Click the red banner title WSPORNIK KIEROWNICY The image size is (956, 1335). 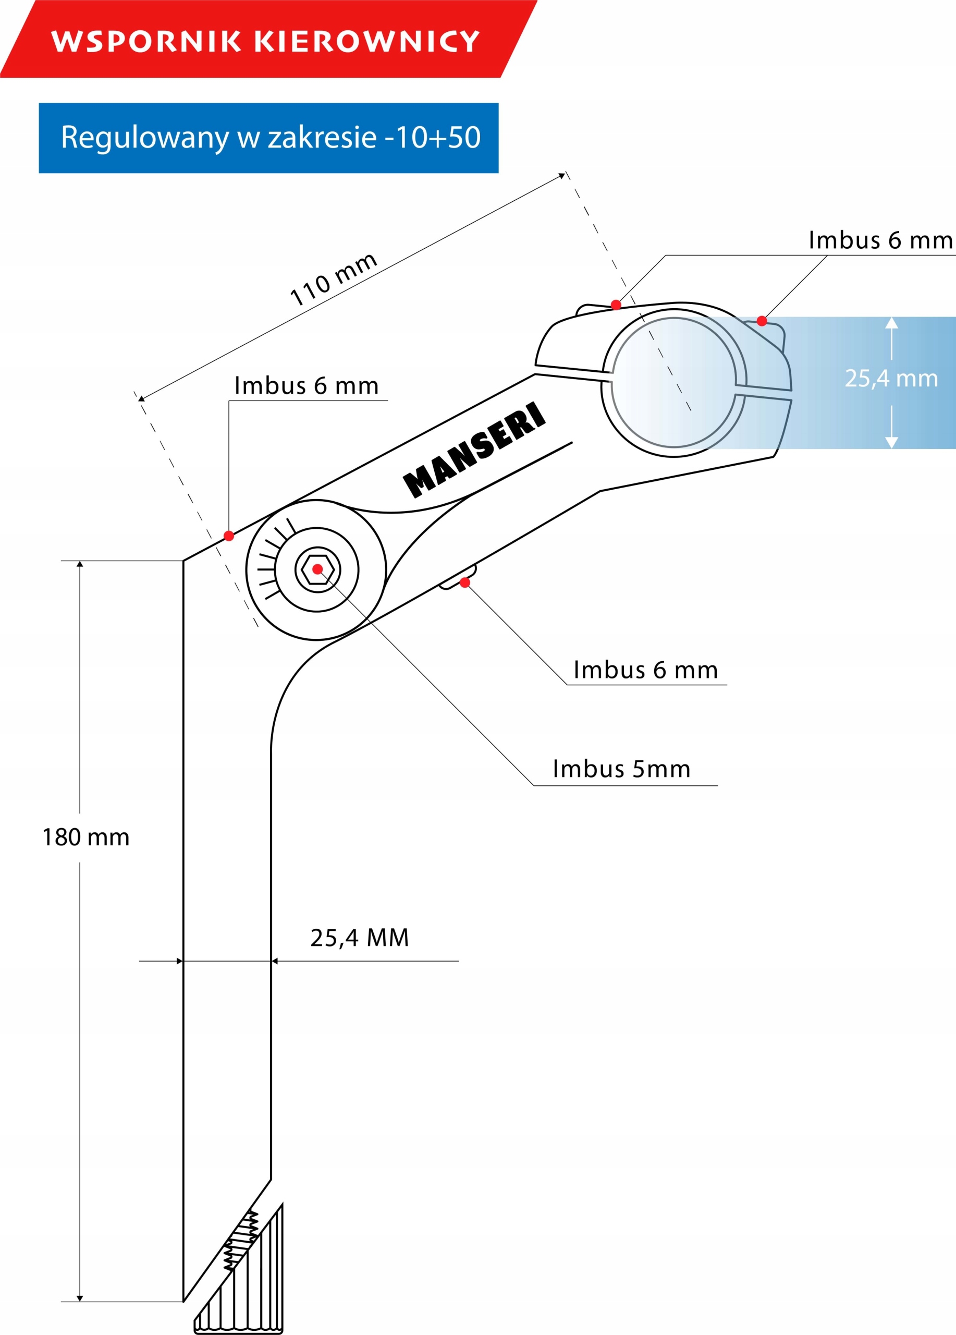tap(265, 41)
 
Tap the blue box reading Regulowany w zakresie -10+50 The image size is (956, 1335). tap(269, 138)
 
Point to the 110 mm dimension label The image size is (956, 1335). tap(333, 279)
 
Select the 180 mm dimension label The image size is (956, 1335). tap(86, 838)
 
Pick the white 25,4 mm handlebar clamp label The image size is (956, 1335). tap(891, 379)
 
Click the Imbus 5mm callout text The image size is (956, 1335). tap(621, 769)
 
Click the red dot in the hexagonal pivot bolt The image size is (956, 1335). tap(317, 569)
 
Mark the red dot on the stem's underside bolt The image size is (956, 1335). tap(465, 582)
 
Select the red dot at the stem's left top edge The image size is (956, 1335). tap(229, 536)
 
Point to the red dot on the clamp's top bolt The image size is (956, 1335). tap(616, 305)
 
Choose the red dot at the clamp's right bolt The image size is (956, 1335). tap(762, 321)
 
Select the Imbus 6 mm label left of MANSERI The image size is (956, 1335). tap(306, 386)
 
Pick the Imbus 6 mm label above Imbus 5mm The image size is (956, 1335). tap(645, 671)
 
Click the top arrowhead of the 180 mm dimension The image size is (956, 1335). tap(80, 564)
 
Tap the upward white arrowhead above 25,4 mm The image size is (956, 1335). tap(891, 323)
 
